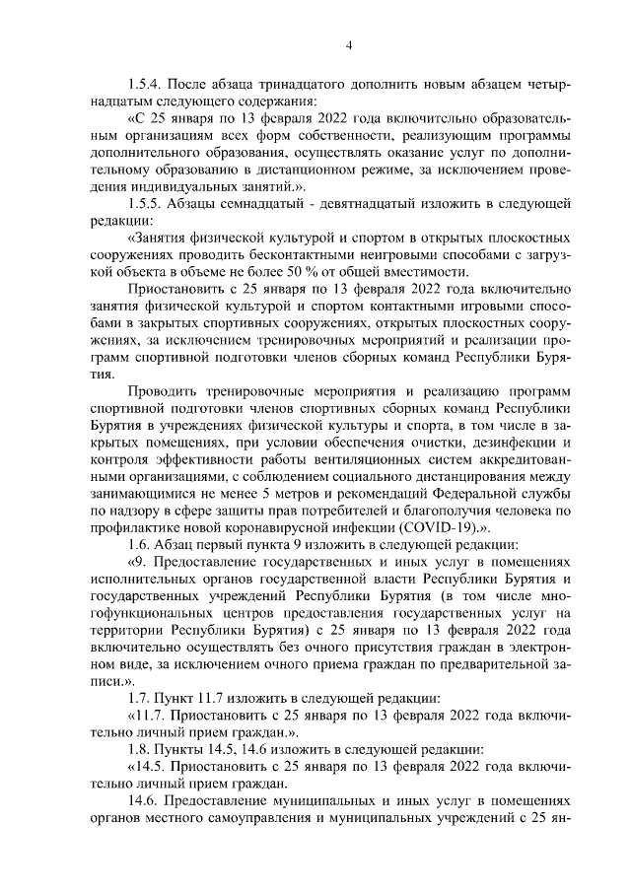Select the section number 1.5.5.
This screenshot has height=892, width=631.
coord(150,203)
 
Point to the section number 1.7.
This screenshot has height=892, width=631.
coord(143,697)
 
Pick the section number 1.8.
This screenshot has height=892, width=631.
coord(143,748)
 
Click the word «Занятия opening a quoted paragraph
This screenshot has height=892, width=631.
coord(158,238)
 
